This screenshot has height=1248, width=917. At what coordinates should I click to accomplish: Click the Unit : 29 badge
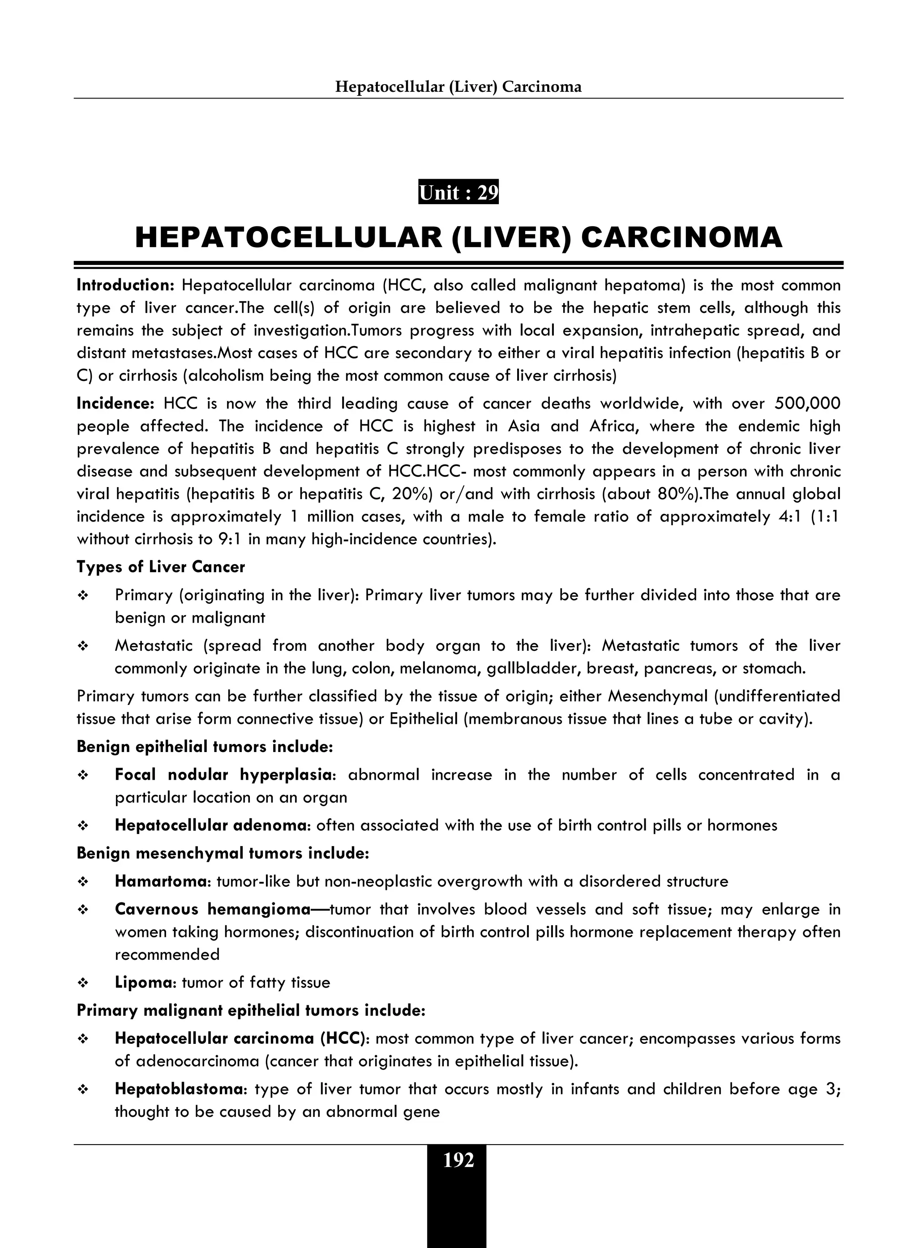tap(458, 192)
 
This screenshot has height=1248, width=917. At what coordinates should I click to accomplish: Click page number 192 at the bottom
tap(458, 1161)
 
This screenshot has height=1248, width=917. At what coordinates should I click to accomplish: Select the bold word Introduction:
tap(125, 285)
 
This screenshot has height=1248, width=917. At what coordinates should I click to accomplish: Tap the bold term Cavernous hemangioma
tap(212, 910)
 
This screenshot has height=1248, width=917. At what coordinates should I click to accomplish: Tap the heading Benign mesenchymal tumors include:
tap(223, 854)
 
